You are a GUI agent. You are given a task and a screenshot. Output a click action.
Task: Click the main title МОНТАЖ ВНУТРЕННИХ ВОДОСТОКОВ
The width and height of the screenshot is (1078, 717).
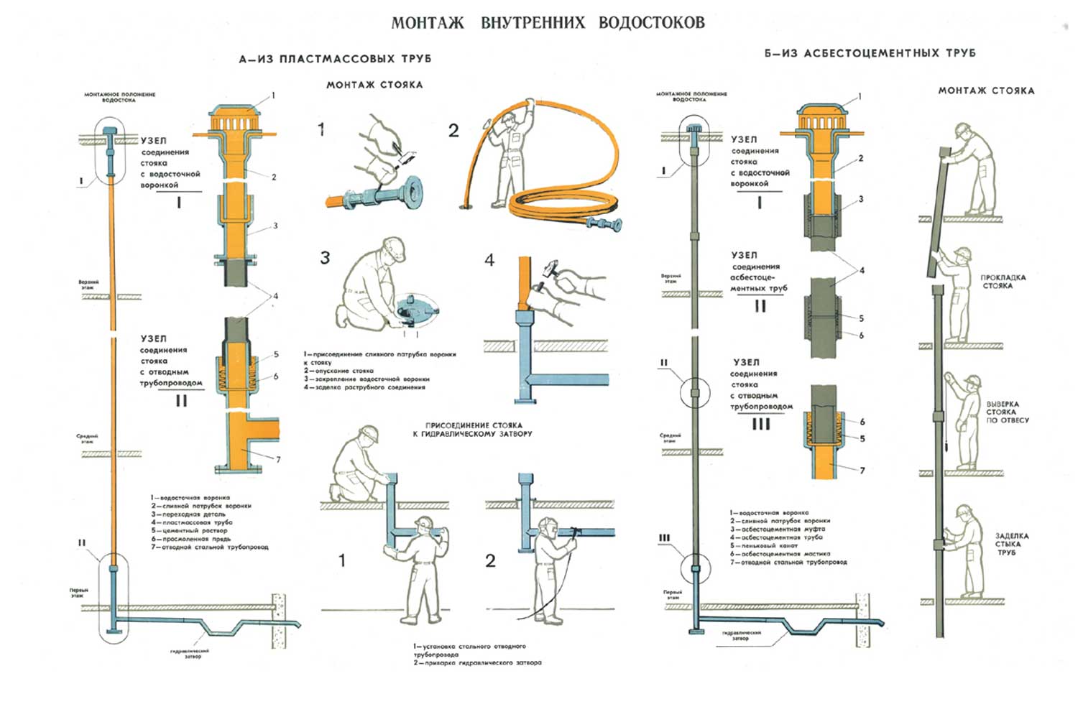(x=548, y=22)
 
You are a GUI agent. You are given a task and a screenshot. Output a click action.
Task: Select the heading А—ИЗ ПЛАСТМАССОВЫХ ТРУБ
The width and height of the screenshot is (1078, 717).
(x=335, y=59)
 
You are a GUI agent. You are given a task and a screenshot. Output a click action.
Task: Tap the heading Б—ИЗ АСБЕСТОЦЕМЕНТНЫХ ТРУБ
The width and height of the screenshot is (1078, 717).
(x=870, y=53)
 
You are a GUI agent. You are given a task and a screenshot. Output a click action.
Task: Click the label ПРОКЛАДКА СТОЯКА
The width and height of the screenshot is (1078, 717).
(x=1003, y=282)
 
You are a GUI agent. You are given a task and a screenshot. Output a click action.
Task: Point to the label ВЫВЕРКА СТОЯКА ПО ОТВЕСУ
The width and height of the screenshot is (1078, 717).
(x=1007, y=412)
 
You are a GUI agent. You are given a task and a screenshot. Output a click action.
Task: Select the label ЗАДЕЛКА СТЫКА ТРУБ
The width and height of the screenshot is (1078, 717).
(x=1010, y=544)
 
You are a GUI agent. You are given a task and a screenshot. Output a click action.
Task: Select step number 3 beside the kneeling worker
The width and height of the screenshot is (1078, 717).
(x=326, y=258)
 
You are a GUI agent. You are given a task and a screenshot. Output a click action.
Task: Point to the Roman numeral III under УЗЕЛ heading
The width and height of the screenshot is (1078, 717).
(x=760, y=424)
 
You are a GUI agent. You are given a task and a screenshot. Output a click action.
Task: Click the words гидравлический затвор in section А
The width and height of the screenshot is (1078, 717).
(x=190, y=653)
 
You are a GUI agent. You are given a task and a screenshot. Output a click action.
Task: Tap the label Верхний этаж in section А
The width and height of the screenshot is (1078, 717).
(x=89, y=284)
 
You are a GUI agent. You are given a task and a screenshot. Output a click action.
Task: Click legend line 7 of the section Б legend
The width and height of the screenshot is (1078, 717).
(x=788, y=563)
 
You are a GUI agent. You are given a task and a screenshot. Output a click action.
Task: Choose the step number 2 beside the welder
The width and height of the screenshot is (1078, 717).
(x=490, y=561)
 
